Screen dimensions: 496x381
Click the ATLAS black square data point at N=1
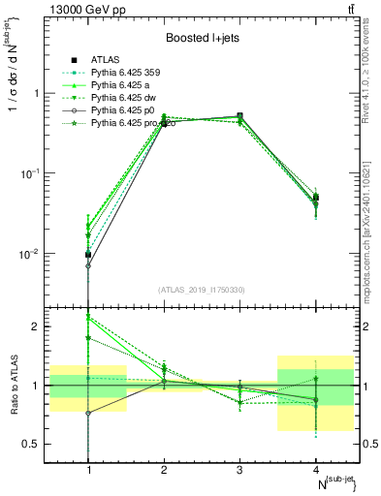[88, 255]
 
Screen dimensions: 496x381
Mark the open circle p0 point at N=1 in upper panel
[88, 265]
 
